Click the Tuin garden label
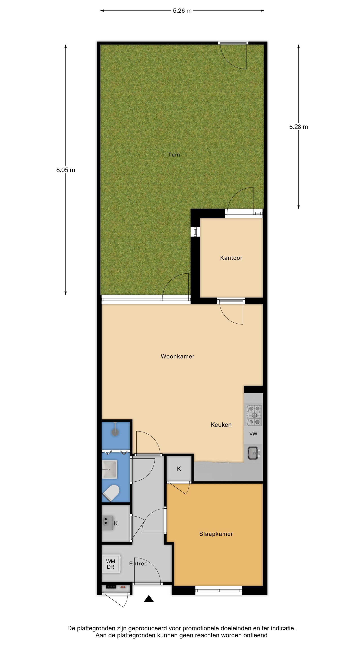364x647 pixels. (174, 155)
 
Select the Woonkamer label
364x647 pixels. (178, 356)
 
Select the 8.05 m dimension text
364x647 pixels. (66, 170)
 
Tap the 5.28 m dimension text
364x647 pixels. (298, 127)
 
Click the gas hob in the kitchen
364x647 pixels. (254, 415)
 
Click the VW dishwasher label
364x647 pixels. (253, 434)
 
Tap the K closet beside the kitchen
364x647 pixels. (179, 468)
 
